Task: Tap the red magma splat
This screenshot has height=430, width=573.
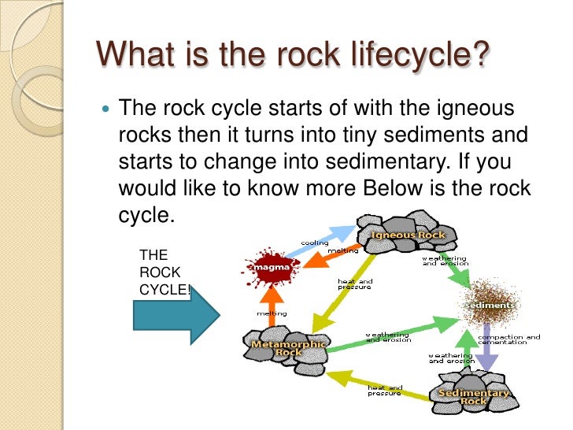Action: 268,268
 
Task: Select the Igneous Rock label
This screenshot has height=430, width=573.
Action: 408,235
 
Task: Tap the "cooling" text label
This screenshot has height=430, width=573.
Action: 314,243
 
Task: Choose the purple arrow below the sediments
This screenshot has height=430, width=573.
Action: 488,347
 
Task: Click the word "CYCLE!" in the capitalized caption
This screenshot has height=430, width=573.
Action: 165,289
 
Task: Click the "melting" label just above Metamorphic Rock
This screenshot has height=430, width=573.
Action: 272,313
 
